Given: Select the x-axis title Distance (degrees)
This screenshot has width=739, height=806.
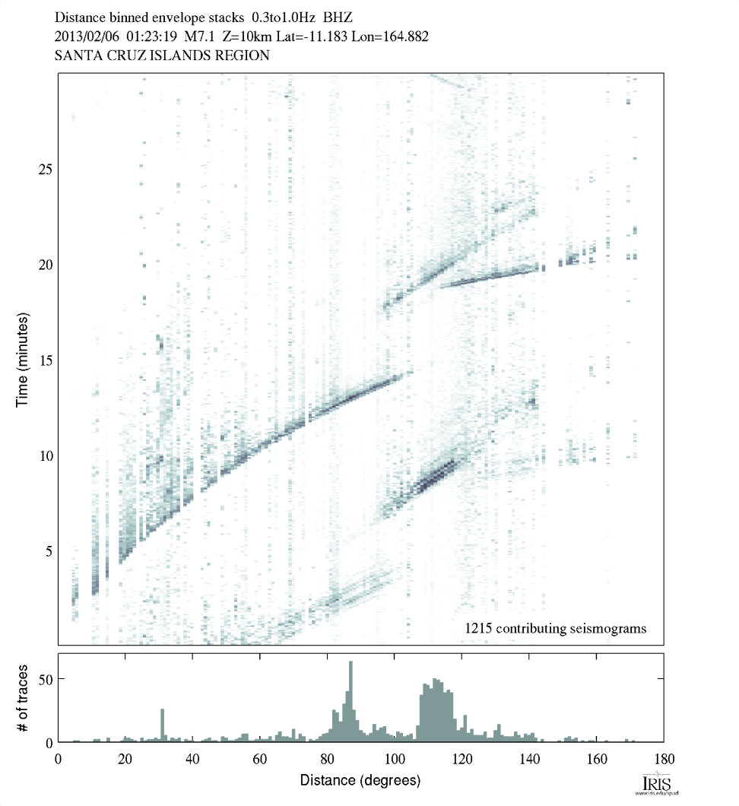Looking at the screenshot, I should [360, 780].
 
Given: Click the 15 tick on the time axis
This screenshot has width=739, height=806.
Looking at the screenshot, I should [45, 360].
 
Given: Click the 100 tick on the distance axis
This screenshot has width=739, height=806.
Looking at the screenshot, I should [394, 758].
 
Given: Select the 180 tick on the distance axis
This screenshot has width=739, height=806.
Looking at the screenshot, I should [663, 758].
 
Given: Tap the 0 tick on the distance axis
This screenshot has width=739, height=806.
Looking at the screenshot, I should [59, 758].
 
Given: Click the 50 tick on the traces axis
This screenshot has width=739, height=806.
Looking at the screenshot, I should [45, 679].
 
